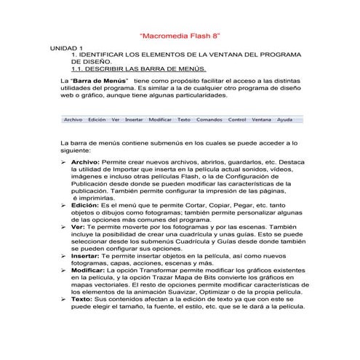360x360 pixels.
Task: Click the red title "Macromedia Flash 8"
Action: click(180, 36)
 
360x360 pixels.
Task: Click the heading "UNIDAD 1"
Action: click(66, 47)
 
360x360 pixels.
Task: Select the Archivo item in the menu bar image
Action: click(73, 119)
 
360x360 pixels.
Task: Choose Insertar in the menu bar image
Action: click(134, 119)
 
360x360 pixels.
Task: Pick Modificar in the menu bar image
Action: click(160, 119)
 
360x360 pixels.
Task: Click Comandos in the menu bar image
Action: click(209, 119)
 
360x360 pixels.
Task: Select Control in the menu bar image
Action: click(237, 119)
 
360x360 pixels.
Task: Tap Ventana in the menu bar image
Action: click(261, 119)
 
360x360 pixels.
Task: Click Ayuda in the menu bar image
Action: click(285, 119)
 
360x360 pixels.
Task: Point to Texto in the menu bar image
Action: click(184, 119)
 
